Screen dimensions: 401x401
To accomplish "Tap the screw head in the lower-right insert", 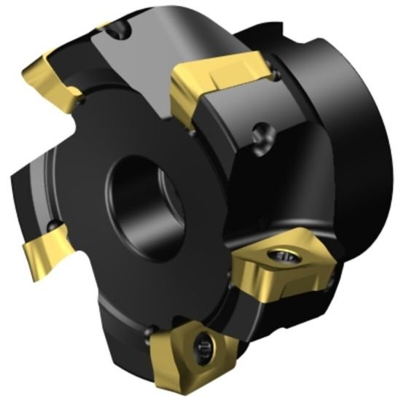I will pos(286,254).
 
